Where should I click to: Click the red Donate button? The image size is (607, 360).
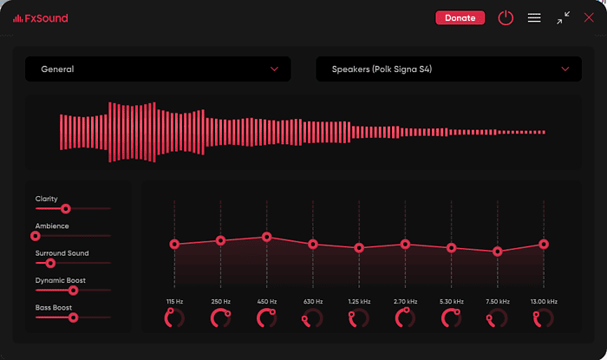460,17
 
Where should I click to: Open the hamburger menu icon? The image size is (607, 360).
534,17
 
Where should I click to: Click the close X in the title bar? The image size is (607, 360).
589,17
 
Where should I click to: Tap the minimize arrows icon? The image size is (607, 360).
564,17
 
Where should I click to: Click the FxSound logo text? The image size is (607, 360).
40,18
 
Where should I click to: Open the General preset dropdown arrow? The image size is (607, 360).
275,69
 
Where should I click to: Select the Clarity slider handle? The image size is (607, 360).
65,208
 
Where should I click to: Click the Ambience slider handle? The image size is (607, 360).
36,235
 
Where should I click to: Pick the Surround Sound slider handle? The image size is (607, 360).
50,263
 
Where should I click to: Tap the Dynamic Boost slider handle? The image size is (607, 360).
73,291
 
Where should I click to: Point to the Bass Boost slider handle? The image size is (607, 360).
73,317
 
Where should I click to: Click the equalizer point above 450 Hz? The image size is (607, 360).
267,237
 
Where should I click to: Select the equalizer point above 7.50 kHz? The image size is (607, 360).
498,252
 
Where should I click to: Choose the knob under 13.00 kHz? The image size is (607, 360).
545,318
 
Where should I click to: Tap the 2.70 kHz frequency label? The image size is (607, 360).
405,301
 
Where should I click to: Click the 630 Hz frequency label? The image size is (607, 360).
313,301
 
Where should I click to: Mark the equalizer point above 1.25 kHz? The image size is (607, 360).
359,247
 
